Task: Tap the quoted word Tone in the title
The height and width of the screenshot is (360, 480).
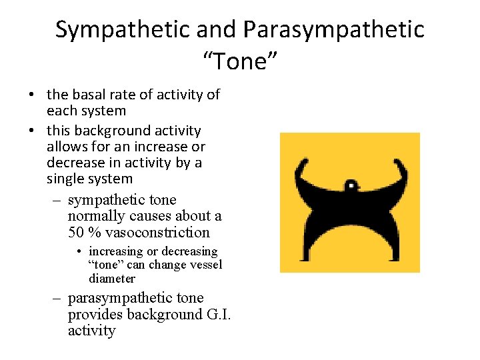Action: [239, 62]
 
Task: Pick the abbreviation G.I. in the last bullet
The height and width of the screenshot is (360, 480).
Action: [211, 314]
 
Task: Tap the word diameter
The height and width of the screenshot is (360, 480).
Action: [112, 279]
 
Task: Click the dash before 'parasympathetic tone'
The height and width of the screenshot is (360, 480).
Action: [58, 298]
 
